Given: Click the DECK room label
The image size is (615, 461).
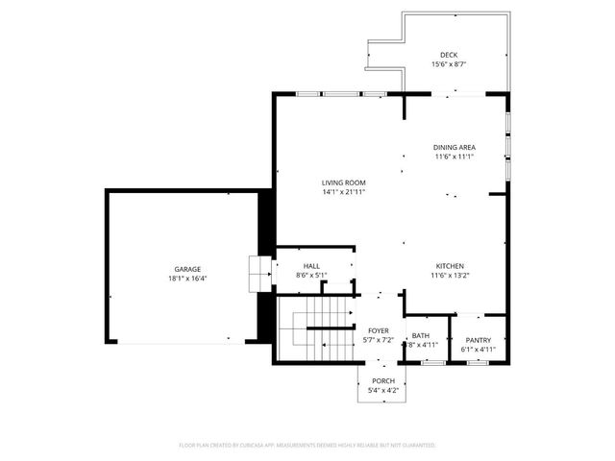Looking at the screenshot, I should click(x=449, y=55).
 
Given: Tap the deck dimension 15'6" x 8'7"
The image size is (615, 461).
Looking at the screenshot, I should click(x=449, y=64).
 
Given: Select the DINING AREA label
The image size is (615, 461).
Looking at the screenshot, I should click(x=455, y=147).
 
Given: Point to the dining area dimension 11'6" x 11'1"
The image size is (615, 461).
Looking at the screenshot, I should click(x=455, y=157).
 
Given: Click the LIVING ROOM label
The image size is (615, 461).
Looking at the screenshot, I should click(x=343, y=182).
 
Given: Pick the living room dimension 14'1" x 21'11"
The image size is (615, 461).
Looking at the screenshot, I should click(x=343, y=192).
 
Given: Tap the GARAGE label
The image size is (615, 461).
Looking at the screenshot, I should click(x=187, y=269).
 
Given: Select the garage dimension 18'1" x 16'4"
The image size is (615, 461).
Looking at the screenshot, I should click(x=187, y=279).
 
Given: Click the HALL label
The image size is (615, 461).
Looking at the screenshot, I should click(x=311, y=266).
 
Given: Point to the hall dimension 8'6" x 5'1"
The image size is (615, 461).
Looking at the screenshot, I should click(x=311, y=276).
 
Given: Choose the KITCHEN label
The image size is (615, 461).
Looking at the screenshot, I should click(x=451, y=266).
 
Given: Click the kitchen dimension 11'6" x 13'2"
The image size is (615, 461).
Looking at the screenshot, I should click(x=451, y=276).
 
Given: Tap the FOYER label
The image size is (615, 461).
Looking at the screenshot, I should click(x=378, y=330).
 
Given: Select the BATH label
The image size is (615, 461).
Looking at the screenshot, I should click(x=420, y=335).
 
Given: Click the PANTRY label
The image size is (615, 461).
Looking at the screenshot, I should click(x=478, y=340).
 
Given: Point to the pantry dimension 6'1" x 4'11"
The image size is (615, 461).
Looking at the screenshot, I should click(x=478, y=350).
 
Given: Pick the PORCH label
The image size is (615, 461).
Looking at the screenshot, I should click(x=382, y=381).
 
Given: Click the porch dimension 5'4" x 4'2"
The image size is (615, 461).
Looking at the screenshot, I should click(x=382, y=391).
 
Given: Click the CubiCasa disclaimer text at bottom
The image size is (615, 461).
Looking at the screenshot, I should click(x=307, y=446).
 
